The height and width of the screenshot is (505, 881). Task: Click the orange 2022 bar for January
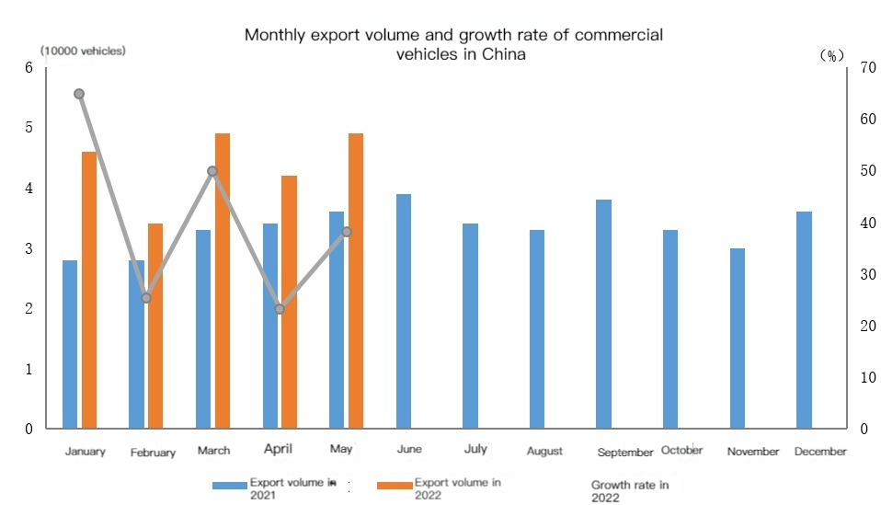point(89,290)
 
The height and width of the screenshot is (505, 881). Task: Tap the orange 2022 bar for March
point(222,281)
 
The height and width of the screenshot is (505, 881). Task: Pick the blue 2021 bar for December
point(804,320)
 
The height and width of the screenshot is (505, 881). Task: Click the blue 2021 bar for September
point(603,314)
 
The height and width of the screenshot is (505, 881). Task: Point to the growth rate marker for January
point(79,94)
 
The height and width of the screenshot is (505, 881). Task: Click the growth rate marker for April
point(280,309)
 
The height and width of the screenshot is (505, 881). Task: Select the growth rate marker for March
point(212,171)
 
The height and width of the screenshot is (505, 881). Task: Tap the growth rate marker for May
point(347,232)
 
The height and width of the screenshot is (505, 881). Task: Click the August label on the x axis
point(544,452)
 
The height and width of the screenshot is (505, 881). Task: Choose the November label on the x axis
point(752,452)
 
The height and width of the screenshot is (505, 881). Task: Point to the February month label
point(153,453)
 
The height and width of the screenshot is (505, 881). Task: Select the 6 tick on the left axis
point(29,68)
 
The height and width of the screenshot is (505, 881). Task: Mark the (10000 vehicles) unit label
point(83,52)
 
